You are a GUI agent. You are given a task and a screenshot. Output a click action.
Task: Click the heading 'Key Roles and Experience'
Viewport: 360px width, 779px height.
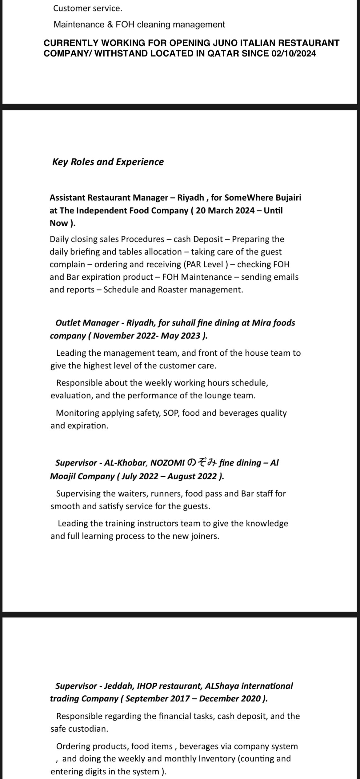click(x=108, y=162)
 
